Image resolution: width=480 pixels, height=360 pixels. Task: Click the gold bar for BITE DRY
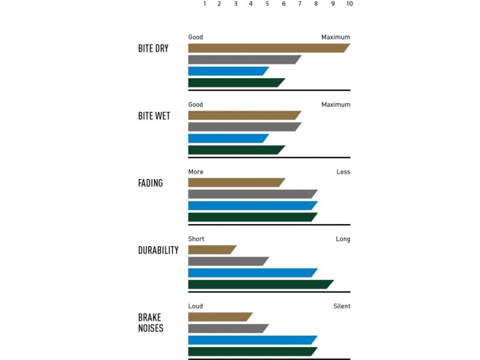point(267,48)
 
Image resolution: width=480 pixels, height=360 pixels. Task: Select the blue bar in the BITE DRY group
point(228,71)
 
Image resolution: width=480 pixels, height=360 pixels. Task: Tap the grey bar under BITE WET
point(244,127)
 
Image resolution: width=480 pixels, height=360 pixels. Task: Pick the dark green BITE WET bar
point(236,150)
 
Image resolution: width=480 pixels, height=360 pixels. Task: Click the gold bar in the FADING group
point(236,182)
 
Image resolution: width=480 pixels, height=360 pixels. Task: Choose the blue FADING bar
point(252,205)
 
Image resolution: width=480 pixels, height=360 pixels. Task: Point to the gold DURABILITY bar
point(211,250)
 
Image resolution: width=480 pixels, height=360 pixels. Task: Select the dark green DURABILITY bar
point(260,284)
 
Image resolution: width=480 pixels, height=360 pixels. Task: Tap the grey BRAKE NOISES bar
point(228,328)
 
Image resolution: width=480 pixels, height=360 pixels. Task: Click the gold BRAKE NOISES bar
point(220,317)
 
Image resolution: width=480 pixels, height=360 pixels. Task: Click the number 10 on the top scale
point(349,4)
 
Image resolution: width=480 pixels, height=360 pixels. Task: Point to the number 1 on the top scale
point(205,4)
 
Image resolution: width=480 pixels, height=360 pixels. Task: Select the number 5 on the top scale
point(267,4)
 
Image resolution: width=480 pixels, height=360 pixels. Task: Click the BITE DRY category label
point(153,48)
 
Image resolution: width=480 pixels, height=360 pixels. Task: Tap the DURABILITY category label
point(158,250)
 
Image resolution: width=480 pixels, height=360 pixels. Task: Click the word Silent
point(342,306)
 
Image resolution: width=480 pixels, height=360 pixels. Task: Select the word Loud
point(195,306)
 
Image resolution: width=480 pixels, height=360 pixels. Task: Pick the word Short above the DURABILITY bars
point(196,239)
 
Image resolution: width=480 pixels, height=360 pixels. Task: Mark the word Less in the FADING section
point(343,172)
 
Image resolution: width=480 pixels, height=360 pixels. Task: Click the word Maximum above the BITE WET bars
point(336,105)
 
